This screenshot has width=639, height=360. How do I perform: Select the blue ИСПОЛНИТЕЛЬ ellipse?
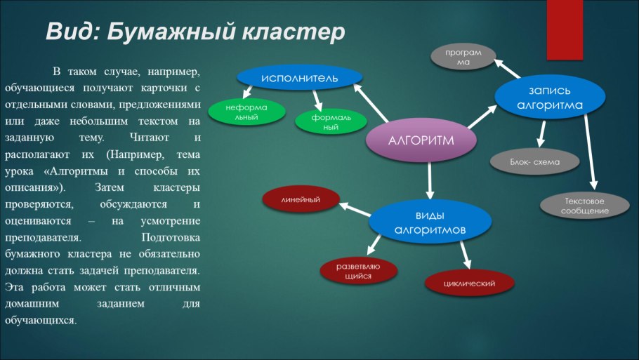click(x=299, y=77)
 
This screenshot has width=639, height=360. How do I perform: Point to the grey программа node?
click(x=463, y=57)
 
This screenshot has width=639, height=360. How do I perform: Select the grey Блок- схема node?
click(x=535, y=161)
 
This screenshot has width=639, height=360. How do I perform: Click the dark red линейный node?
click(x=301, y=200)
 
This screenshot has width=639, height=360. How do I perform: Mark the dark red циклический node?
click(x=470, y=284)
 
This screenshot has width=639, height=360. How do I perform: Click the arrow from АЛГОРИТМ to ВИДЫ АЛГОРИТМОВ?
click(x=430, y=180)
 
